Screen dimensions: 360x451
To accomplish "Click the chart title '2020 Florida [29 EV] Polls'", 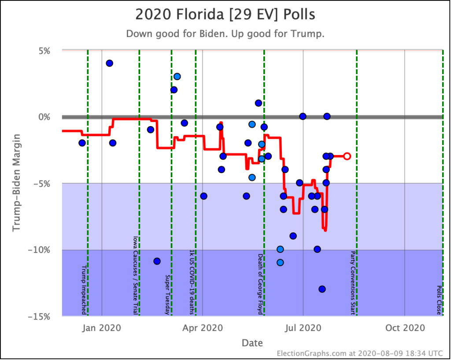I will click(225, 15).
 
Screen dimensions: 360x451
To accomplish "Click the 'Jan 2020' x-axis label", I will click(102, 328).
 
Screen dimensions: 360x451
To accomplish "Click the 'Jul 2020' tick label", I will click(303, 328).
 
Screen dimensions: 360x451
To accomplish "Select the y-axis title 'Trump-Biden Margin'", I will click(16, 183).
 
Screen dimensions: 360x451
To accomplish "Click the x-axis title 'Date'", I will click(252, 343).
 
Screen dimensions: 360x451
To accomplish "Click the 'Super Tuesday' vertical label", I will click(167, 294).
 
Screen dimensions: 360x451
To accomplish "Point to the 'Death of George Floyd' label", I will click(260, 284).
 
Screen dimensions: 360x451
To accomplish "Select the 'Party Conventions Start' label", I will click(352, 283).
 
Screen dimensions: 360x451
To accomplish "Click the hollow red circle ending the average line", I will click(347, 156).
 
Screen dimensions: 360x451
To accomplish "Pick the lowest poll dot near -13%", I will click(322, 289).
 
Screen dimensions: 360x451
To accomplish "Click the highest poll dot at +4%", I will click(109, 63).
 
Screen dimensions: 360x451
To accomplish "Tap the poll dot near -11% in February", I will click(157, 261).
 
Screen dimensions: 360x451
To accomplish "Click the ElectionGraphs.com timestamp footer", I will click(361, 353).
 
